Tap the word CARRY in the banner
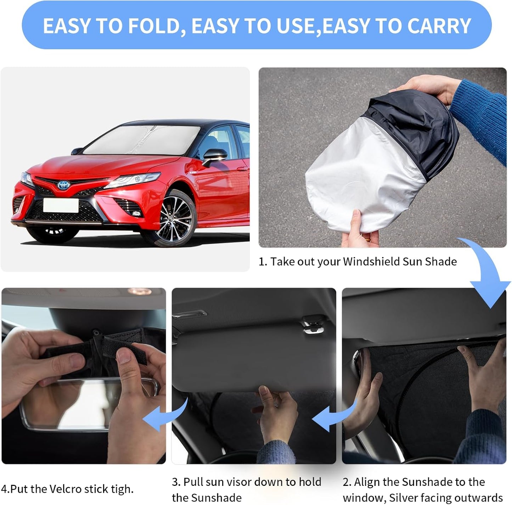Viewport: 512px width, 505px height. click(439, 26)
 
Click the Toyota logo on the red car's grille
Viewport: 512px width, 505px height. click(64, 185)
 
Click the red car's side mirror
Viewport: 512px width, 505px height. click(215, 156)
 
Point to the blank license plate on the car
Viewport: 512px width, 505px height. click(61, 205)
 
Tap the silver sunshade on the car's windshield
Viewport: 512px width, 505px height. click(142, 140)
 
